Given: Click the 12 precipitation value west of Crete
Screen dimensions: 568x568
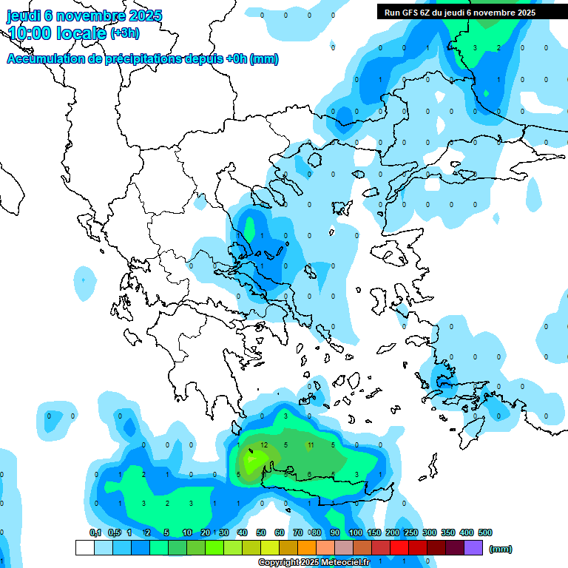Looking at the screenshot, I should pyautogui.click(x=263, y=445).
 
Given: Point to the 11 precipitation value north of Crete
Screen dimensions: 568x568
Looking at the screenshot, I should pyautogui.click(x=311, y=445).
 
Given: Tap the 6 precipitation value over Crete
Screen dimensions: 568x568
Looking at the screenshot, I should pyautogui.click(x=310, y=475).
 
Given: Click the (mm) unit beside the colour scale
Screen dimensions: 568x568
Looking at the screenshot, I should pyautogui.click(x=501, y=549).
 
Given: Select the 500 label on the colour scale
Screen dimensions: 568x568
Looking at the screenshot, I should pyautogui.click(x=485, y=532).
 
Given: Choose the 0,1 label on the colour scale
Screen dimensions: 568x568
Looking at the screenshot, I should pyautogui.click(x=95, y=532).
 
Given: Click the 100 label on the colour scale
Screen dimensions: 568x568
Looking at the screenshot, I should pyautogui.click(x=356, y=532).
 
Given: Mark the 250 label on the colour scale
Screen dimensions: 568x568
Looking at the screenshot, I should pyautogui.click(x=411, y=532).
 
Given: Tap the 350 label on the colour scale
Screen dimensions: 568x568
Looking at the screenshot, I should pyautogui.click(x=448, y=532).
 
